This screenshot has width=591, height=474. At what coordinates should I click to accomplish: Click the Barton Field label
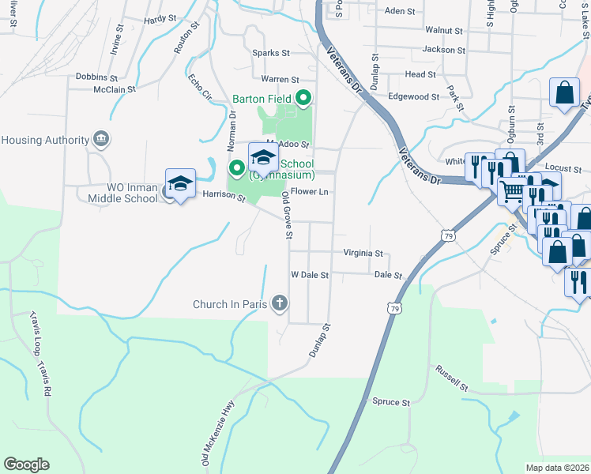point(262,99)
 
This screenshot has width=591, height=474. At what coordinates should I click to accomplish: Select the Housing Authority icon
point(100,140)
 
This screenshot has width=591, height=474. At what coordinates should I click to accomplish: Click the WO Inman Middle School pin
point(180,184)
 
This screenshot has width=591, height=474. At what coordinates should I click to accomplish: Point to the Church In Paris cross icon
point(278,303)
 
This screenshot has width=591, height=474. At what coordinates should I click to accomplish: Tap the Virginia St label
point(363,254)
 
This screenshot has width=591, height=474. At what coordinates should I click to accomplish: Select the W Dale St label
point(309,275)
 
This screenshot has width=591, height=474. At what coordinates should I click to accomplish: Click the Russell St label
point(453,378)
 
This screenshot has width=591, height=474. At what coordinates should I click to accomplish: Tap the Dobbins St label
point(96,78)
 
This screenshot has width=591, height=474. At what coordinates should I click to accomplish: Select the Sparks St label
point(271,53)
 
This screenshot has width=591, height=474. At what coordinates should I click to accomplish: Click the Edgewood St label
point(413,96)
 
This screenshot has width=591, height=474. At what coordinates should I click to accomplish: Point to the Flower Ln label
point(309,191)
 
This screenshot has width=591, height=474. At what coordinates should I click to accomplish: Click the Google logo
point(26,465)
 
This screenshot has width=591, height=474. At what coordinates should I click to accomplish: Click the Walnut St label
point(443,31)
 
